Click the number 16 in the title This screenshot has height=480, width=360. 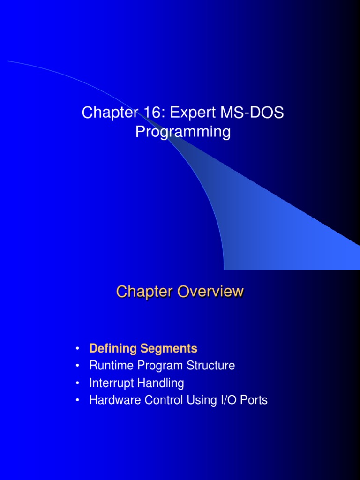click(x=146, y=112)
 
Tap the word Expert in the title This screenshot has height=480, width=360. click(x=190, y=112)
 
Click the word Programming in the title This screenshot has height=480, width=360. click(x=183, y=132)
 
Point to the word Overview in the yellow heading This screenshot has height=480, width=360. click(x=210, y=292)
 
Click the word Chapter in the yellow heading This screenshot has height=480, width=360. click(x=145, y=292)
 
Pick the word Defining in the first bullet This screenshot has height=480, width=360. click(x=112, y=349)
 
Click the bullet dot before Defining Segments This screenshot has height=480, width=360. click(x=77, y=349)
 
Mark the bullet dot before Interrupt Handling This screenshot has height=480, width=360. click(x=77, y=383)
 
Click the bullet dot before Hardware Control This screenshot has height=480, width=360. click(x=77, y=401)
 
